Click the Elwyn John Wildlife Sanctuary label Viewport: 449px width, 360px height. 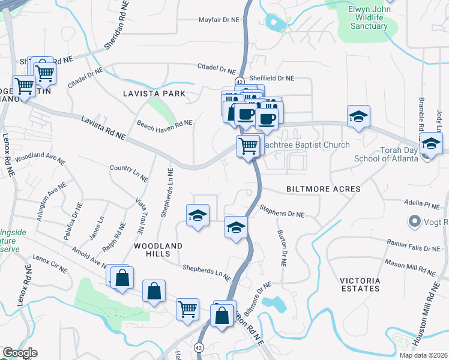point(369,18)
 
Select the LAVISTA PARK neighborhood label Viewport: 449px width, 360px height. point(154,94)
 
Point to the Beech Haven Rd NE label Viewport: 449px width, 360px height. point(164,124)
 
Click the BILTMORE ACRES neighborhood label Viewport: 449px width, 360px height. point(323,189)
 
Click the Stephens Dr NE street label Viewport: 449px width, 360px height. point(282,211)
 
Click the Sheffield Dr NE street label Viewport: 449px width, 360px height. point(272,78)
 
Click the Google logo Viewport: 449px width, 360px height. point(19,353)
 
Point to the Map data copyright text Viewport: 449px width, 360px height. point(422,355)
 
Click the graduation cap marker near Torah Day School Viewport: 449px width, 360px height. point(430,144)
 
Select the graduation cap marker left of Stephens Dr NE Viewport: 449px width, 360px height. point(197,216)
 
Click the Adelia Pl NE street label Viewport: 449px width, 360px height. point(422,205)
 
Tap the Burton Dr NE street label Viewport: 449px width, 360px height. point(281,248)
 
